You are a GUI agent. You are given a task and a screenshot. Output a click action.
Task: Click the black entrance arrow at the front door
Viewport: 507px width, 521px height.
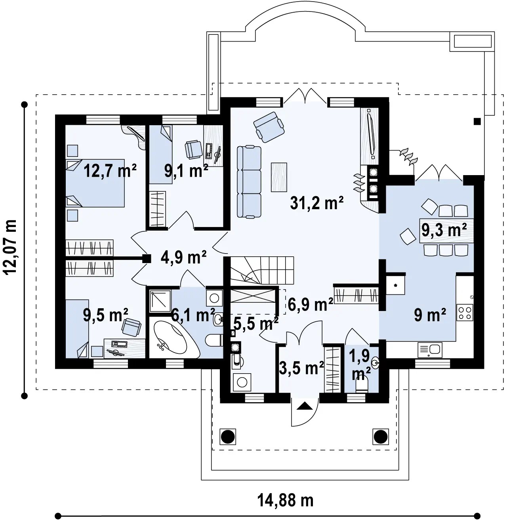[x=304, y=406]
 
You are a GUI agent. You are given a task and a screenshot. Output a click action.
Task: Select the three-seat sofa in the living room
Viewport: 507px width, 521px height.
[x=249, y=181]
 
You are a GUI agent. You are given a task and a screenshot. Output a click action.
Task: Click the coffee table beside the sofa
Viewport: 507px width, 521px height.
[x=279, y=177]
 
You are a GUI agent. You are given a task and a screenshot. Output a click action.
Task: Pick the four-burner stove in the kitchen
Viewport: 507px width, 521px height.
[x=465, y=313]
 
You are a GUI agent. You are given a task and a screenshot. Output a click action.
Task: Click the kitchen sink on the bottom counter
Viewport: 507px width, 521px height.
[x=430, y=350]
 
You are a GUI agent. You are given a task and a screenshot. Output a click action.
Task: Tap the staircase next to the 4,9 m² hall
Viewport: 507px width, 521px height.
[x=262, y=271]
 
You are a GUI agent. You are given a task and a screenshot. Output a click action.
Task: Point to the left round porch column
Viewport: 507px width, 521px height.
[x=227, y=437]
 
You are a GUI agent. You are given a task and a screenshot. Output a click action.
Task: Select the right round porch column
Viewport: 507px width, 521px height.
[x=380, y=437]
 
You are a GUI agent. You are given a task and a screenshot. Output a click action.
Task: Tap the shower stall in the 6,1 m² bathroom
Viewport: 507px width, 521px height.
[x=160, y=301]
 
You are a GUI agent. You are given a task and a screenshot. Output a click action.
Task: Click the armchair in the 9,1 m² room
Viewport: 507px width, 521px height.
[x=194, y=149]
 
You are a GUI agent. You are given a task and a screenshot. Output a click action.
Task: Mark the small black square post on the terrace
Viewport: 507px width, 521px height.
[x=477, y=122]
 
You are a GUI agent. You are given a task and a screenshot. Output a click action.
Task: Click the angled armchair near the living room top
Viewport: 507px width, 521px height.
[x=269, y=127]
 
